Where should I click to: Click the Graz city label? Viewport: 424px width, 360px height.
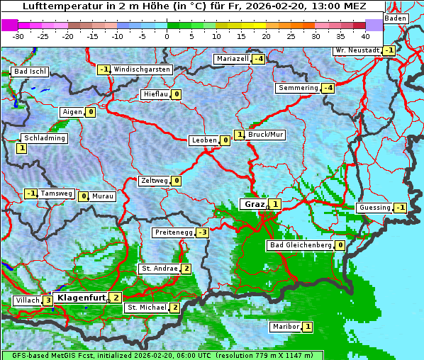(254, 204)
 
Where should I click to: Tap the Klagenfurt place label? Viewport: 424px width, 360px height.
(81, 298)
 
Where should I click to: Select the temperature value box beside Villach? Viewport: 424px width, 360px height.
(48, 300)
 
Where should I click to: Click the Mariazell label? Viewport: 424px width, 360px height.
(233, 58)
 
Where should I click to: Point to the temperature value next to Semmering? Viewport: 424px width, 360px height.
(327, 88)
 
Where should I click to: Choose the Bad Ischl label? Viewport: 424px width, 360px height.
(30, 72)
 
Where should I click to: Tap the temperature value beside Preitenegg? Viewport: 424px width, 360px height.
(203, 232)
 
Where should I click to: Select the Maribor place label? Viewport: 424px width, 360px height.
(285, 327)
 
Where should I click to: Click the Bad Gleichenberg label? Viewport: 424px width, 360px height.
(300, 245)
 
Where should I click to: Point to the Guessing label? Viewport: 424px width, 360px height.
(375, 208)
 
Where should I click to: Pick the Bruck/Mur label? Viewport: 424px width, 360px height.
(266, 134)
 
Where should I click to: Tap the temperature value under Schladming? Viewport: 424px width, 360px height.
(21, 148)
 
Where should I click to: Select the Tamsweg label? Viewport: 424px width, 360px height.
(56, 193)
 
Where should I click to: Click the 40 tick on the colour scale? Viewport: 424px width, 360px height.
(365, 35)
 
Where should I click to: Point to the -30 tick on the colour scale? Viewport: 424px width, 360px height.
(18, 35)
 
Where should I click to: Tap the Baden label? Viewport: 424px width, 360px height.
(397, 18)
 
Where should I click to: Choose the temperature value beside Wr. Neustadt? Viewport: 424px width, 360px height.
(389, 50)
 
